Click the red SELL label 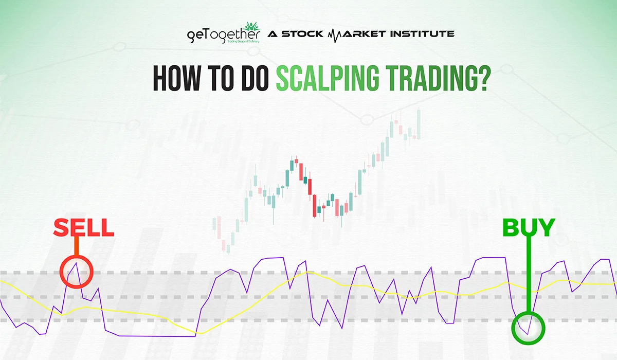click(83, 228)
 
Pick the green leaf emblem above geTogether click(252, 26)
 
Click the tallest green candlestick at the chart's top click(419, 123)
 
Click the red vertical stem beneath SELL click(76, 248)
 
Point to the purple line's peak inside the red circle click(76, 263)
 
